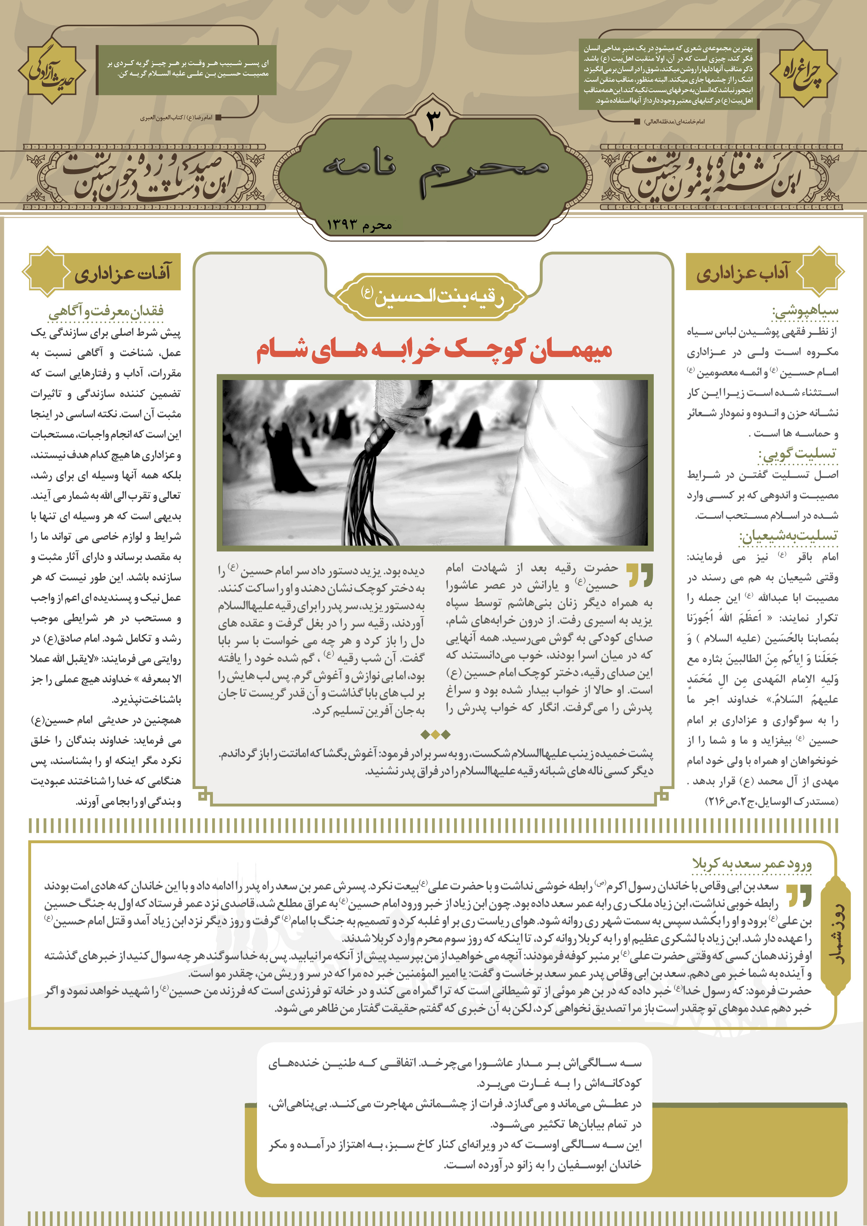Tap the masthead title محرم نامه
point(435,170)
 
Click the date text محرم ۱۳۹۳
point(359,225)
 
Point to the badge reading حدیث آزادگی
point(52,71)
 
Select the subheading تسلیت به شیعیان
point(789,536)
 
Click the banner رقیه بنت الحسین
point(433,296)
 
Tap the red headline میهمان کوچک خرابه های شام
point(434,350)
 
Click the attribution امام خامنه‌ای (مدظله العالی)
point(674,121)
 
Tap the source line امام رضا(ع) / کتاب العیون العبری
point(176,117)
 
